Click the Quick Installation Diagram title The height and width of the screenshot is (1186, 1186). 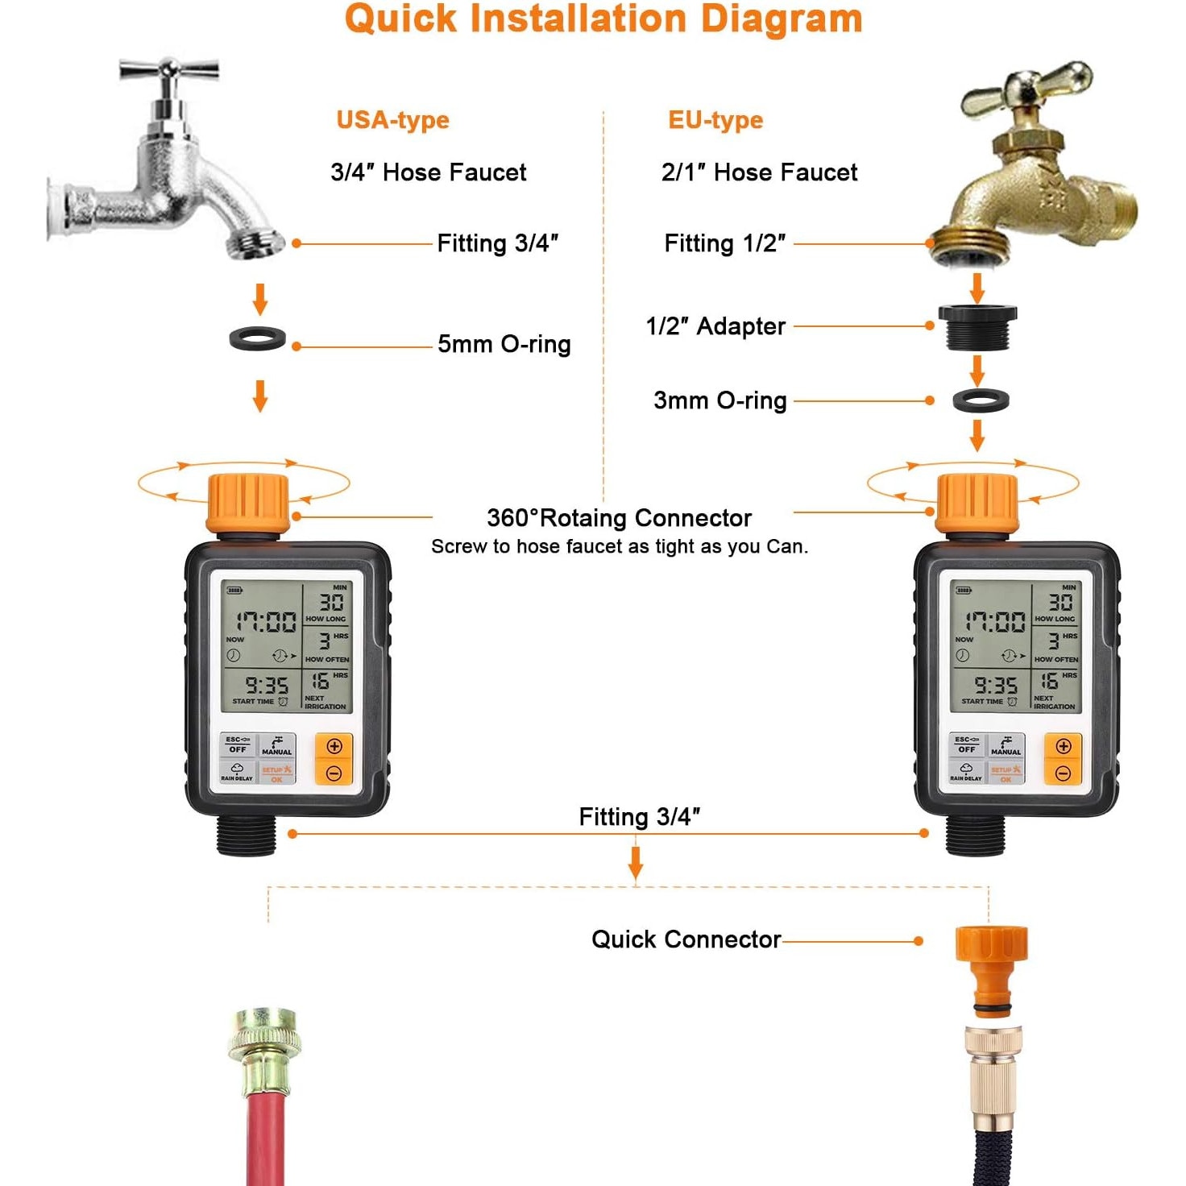603,19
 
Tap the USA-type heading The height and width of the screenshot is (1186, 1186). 392,120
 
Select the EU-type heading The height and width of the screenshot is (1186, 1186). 715,120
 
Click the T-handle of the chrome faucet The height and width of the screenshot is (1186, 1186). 169,70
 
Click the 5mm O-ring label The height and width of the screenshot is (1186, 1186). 504,345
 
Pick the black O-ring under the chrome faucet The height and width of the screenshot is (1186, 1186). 258,338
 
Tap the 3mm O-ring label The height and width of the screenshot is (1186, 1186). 719,400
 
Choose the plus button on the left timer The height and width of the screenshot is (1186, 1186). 334,746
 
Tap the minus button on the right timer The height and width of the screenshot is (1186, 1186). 1063,774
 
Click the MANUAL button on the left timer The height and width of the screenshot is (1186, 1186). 276,745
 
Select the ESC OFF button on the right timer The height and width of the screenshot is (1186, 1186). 966,744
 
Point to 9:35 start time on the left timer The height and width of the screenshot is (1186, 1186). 267,686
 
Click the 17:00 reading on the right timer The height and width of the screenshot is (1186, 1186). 995,622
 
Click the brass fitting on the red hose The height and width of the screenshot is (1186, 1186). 264,1047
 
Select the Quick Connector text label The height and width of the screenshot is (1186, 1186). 686,939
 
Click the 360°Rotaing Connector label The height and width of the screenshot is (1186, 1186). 619,517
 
